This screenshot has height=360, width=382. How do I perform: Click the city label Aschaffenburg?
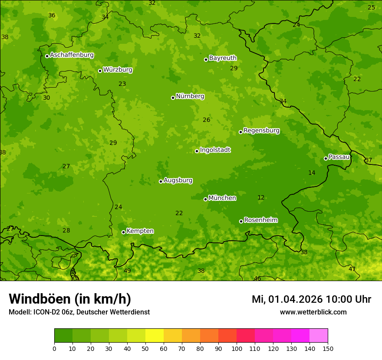[x=72, y=55]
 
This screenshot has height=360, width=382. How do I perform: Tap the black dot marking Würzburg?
[x=100, y=71]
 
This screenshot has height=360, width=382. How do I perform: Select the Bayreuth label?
[x=223, y=58]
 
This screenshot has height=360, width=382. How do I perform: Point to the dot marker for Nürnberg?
[x=173, y=98]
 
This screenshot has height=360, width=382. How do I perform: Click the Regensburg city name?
[x=261, y=131]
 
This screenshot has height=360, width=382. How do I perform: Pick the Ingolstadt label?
[x=215, y=150]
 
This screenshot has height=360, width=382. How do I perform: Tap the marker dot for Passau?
[x=326, y=158]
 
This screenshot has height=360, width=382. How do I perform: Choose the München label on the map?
[x=222, y=198]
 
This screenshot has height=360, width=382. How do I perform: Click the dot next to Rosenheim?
[x=241, y=221]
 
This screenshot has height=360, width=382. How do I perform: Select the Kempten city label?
[x=140, y=231]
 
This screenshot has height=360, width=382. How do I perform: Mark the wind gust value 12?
[x=261, y=198]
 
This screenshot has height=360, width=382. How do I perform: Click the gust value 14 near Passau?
[x=312, y=173]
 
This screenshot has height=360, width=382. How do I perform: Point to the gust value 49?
[x=127, y=271]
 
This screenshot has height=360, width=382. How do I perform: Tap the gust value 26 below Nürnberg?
[x=207, y=120]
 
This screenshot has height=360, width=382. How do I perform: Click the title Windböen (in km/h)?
[x=70, y=299]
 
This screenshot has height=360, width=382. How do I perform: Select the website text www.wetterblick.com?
[x=313, y=312]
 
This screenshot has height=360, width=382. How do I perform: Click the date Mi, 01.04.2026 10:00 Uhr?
[x=311, y=299]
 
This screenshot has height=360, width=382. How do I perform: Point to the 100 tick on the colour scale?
[x=237, y=348]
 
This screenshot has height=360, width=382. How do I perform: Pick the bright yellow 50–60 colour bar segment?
[x=155, y=336]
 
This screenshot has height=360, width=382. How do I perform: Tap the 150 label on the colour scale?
[x=328, y=348]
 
